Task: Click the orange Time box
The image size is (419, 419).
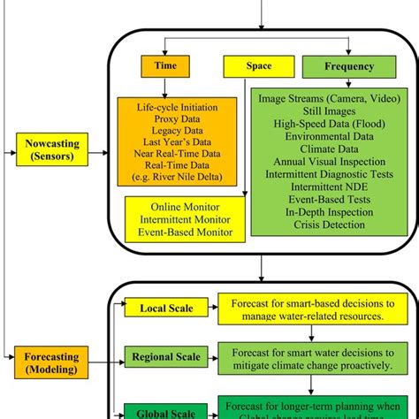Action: point(166,67)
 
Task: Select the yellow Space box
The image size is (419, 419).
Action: point(247,67)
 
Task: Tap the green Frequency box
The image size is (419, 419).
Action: point(338,67)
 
